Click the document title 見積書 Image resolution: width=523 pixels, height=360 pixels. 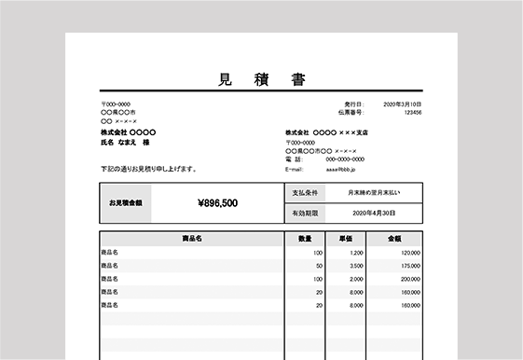261,78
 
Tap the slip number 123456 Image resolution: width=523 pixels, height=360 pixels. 412,112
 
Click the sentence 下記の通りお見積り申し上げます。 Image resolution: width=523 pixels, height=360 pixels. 148,169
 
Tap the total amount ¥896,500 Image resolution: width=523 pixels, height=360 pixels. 217,202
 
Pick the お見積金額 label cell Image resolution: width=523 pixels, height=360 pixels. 126,202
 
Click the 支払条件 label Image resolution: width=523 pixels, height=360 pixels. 306,193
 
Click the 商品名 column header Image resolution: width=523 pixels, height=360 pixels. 192,239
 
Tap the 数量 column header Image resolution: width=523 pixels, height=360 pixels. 305,239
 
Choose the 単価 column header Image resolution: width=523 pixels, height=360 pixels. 345,239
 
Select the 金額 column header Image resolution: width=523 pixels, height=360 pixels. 394,239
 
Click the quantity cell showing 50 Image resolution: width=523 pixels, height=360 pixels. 319,266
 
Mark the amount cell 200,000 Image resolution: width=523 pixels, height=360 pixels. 410,279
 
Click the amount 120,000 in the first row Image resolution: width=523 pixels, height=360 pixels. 410,253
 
